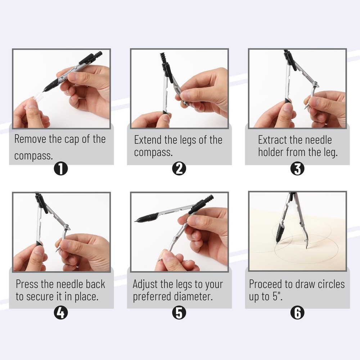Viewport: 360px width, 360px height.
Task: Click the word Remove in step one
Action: [x=30, y=140]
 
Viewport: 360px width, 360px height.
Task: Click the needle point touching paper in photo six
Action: [x=306, y=249]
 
